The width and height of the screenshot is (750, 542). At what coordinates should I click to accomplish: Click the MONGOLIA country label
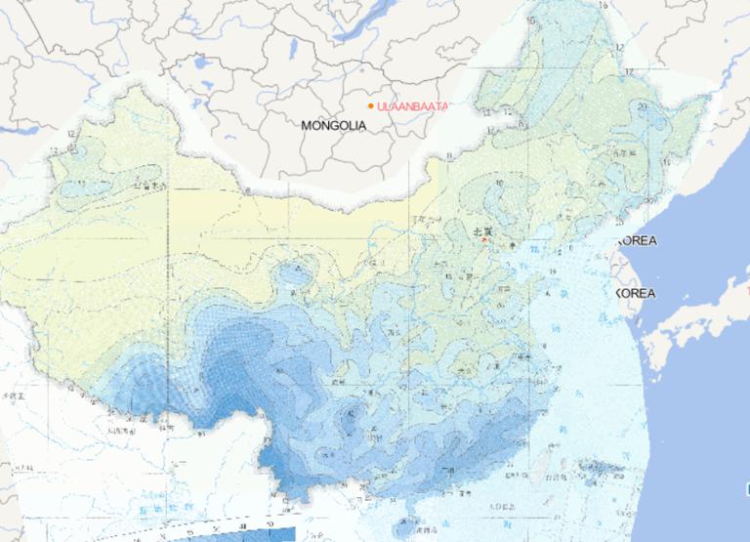(x=333, y=125)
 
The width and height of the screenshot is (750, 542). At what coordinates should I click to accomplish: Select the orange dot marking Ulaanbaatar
(x=371, y=105)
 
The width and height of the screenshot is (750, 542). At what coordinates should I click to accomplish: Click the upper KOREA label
(x=636, y=240)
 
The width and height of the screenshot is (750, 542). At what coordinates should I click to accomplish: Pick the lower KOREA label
(x=636, y=293)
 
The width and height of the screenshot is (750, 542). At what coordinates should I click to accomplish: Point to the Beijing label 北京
(x=481, y=231)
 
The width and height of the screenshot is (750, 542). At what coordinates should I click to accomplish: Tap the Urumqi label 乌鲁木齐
(x=152, y=183)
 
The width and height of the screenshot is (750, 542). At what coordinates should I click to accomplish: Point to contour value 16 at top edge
(x=603, y=6)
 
